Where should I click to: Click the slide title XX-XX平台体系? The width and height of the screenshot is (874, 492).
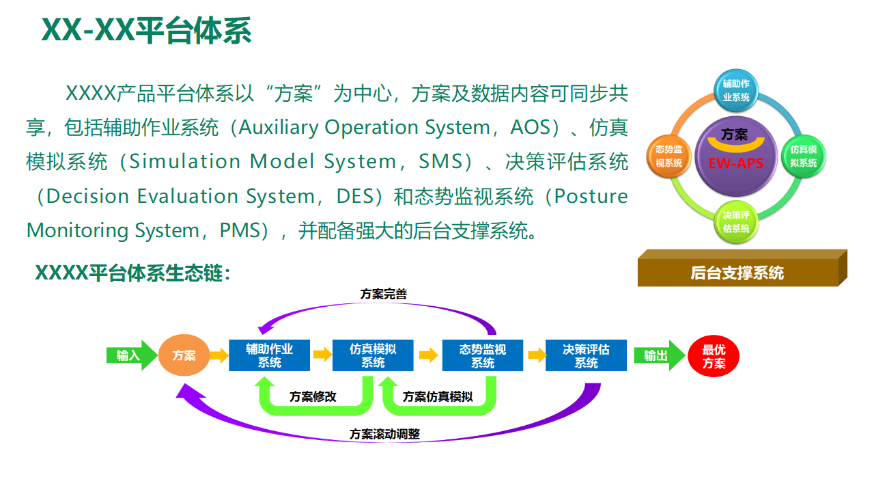[147, 31]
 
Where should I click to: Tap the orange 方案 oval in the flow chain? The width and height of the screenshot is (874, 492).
[184, 355]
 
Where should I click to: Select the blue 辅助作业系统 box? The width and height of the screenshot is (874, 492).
[269, 355]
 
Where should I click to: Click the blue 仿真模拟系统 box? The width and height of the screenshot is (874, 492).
[373, 355]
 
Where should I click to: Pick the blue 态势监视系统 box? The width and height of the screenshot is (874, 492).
[483, 355]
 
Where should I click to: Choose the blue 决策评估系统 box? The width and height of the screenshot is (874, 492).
[586, 355]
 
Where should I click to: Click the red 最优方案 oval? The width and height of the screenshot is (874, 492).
[714, 356]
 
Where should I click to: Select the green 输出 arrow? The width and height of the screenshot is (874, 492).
[658, 355]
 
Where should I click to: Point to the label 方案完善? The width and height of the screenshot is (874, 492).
[384, 295]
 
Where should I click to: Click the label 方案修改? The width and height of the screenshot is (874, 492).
[313, 396]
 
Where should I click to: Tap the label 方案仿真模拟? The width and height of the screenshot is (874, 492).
[438, 396]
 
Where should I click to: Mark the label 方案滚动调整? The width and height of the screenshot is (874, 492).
[384, 434]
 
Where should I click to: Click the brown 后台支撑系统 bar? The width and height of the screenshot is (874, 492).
[737, 273]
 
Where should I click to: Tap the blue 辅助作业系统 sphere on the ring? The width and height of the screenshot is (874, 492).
[736, 90]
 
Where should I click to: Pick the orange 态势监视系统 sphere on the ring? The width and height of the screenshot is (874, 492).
[669, 156]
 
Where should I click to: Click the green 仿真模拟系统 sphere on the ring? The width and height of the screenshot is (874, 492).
[803, 156]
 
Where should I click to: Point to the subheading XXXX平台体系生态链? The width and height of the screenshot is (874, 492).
[132, 273]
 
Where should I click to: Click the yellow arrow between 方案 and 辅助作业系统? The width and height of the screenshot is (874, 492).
[219, 355]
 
